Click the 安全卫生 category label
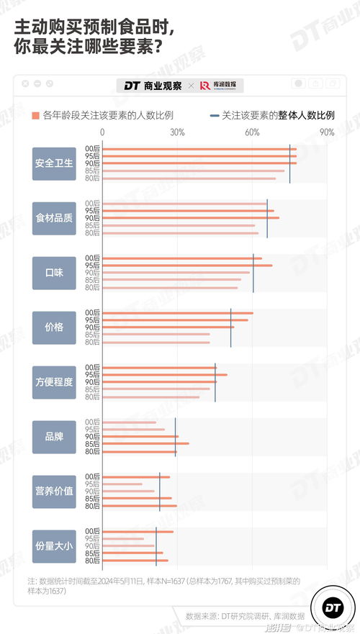[54, 163]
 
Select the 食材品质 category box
[54, 217]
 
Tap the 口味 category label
[54, 272]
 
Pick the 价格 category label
[54, 327]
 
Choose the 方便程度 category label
[54, 381]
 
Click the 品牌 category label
[54, 436]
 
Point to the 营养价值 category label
[54, 491]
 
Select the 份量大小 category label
[54, 545]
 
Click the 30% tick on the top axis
[178, 132]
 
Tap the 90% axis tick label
[327, 132]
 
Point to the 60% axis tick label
[252, 132]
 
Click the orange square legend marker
[35, 115]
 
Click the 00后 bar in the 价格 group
[178, 313]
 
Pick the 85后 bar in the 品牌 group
[146, 444]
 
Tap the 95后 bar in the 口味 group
[187, 266]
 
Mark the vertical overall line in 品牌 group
[175, 436]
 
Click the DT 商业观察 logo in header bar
[152, 85]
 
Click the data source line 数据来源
[244, 615]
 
